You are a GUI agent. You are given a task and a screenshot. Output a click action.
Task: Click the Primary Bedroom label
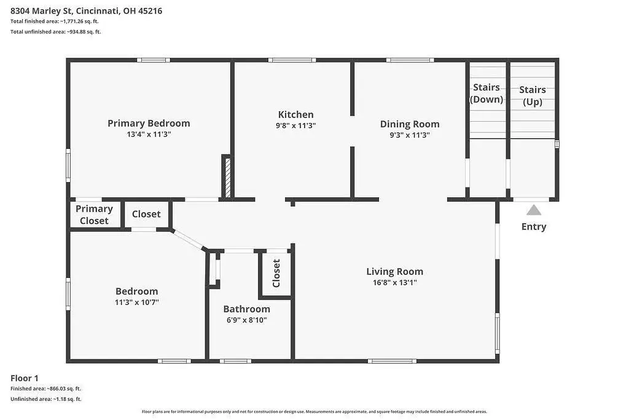coord(149,123)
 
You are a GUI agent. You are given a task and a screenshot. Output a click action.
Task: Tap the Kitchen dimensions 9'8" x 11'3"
coord(295,125)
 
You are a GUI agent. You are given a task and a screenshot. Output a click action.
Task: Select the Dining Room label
coord(410,124)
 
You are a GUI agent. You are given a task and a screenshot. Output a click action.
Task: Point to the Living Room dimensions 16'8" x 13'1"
coord(395,282)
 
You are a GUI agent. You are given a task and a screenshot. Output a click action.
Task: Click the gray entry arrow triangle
coord(534,210)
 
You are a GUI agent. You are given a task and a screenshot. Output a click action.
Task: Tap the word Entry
coord(534,227)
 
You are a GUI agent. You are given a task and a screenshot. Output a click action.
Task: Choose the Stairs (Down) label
coord(486,93)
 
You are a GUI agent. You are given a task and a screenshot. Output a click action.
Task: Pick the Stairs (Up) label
coord(533,95)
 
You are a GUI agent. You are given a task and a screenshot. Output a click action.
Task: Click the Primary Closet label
coord(94,215)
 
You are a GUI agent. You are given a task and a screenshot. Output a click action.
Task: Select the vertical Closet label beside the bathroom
coord(276,274)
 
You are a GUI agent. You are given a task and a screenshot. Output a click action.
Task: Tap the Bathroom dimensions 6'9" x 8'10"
coord(246,320)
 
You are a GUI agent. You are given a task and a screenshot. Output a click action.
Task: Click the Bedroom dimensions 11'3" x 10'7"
coord(137,302)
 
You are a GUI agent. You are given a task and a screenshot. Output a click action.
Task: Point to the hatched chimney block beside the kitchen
coord(228,178)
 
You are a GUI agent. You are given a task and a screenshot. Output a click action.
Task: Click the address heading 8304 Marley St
coord(86,11)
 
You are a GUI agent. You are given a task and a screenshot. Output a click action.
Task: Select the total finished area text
coord(55,22)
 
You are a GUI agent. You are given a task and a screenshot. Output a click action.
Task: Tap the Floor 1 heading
coord(25,378)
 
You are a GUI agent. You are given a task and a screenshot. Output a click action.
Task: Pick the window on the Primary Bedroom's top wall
coord(153,60)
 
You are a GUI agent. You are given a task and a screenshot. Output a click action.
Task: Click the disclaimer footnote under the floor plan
coord(314,411)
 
